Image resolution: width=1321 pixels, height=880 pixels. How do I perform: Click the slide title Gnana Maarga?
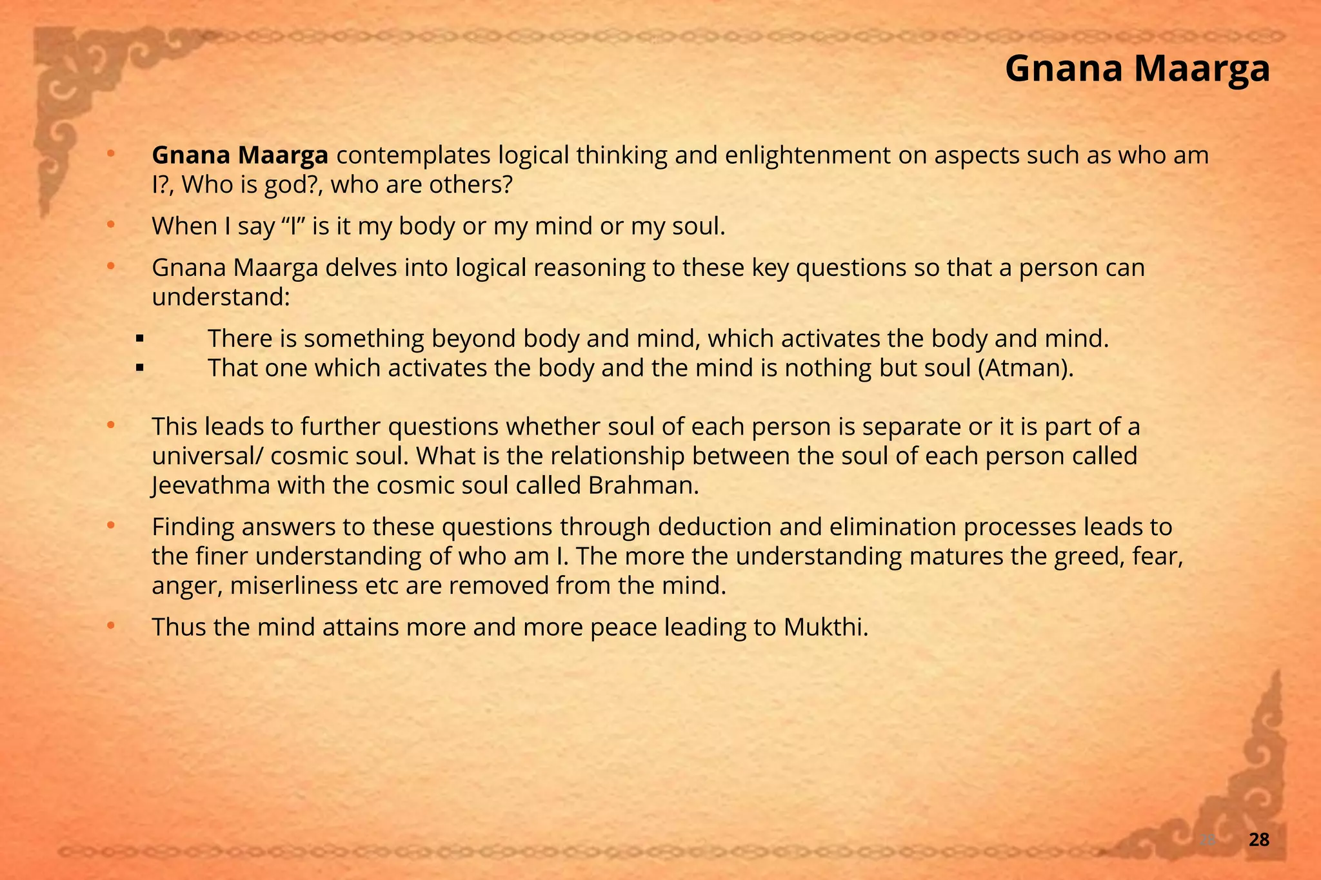[1137, 68]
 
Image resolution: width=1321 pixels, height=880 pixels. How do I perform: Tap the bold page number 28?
[1259, 839]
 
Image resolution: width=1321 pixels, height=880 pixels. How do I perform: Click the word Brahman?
[643, 485]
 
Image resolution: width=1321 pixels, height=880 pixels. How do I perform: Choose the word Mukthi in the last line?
[826, 627]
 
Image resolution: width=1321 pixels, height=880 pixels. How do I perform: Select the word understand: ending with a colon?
[221, 297]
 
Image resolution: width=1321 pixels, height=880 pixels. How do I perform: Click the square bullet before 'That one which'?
[139, 369]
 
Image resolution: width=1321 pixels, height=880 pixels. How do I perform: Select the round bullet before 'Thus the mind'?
[110, 625]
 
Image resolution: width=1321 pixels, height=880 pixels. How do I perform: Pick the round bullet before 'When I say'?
[110, 224]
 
